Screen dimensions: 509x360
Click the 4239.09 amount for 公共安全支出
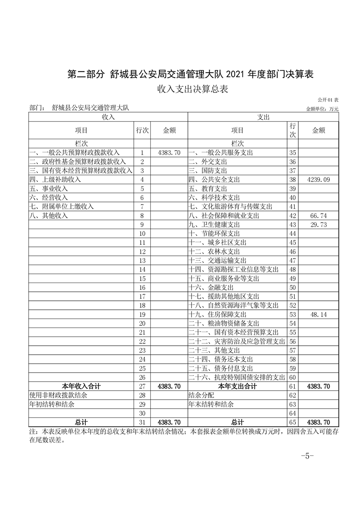pos(319,180)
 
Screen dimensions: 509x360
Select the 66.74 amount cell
pos(319,215)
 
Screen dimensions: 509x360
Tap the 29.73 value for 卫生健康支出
pos(319,225)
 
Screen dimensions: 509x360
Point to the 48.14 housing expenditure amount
pos(319,314)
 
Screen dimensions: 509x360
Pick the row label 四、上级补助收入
pos(55,180)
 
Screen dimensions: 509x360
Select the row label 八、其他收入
pos(49,215)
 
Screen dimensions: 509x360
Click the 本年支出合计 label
pos(237,387)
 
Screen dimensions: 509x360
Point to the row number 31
pos(142,422)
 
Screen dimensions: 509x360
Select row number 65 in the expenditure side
pos(292,422)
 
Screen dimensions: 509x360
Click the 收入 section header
pos(108,117)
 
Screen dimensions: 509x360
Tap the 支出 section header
pos(263,117)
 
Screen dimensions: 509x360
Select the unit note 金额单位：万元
pos(322,109)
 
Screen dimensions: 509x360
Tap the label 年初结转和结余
pos(52,404)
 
